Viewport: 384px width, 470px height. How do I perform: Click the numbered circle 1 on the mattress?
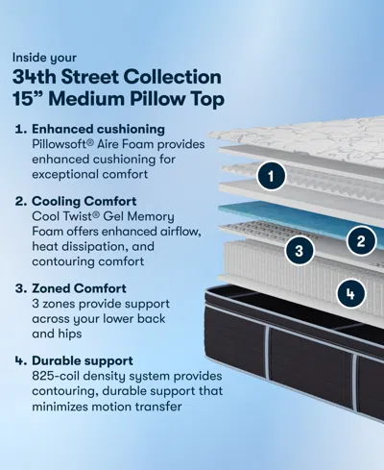[x=272, y=176]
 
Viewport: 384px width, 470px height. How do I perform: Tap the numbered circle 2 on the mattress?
[x=361, y=240]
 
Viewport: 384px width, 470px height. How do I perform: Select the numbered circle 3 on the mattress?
[x=300, y=252]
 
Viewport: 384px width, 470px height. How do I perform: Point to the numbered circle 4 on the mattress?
[x=352, y=292]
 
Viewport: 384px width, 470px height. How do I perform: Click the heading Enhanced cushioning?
[x=99, y=128]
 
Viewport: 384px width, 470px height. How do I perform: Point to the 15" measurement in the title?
[x=36, y=98]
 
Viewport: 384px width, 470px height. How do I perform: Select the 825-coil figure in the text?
[x=60, y=378]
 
